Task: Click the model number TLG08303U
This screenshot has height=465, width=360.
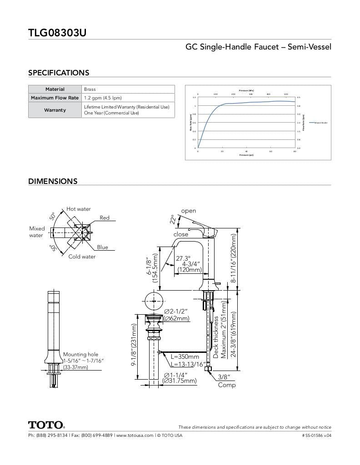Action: click(x=57, y=33)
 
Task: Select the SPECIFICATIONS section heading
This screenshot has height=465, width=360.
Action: click(x=59, y=73)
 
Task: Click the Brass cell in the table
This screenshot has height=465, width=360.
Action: click(x=90, y=89)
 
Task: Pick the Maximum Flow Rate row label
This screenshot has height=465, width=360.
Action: click(x=55, y=98)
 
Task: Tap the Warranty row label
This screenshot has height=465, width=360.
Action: click(x=55, y=110)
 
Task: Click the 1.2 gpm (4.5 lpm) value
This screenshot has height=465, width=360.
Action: click(x=103, y=98)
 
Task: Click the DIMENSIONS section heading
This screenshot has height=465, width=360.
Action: click(x=53, y=181)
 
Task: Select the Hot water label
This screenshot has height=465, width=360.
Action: click(x=79, y=209)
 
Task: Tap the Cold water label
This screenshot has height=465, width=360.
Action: click(x=82, y=257)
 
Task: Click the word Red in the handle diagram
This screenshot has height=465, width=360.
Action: click(x=105, y=218)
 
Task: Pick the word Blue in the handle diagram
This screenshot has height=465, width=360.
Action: click(x=102, y=247)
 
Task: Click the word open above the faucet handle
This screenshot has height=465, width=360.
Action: click(x=189, y=211)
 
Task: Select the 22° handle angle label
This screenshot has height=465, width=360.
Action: click(x=173, y=219)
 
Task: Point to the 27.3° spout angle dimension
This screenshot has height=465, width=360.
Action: click(x=183, y=258)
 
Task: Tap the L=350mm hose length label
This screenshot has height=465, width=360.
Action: click(x=185, y=357)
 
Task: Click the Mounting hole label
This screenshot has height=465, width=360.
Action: click(x=80, y=354)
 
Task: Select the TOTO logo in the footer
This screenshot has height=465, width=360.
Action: click(x=46, y=425)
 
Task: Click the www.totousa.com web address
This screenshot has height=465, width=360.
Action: click(x=135, y=435)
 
